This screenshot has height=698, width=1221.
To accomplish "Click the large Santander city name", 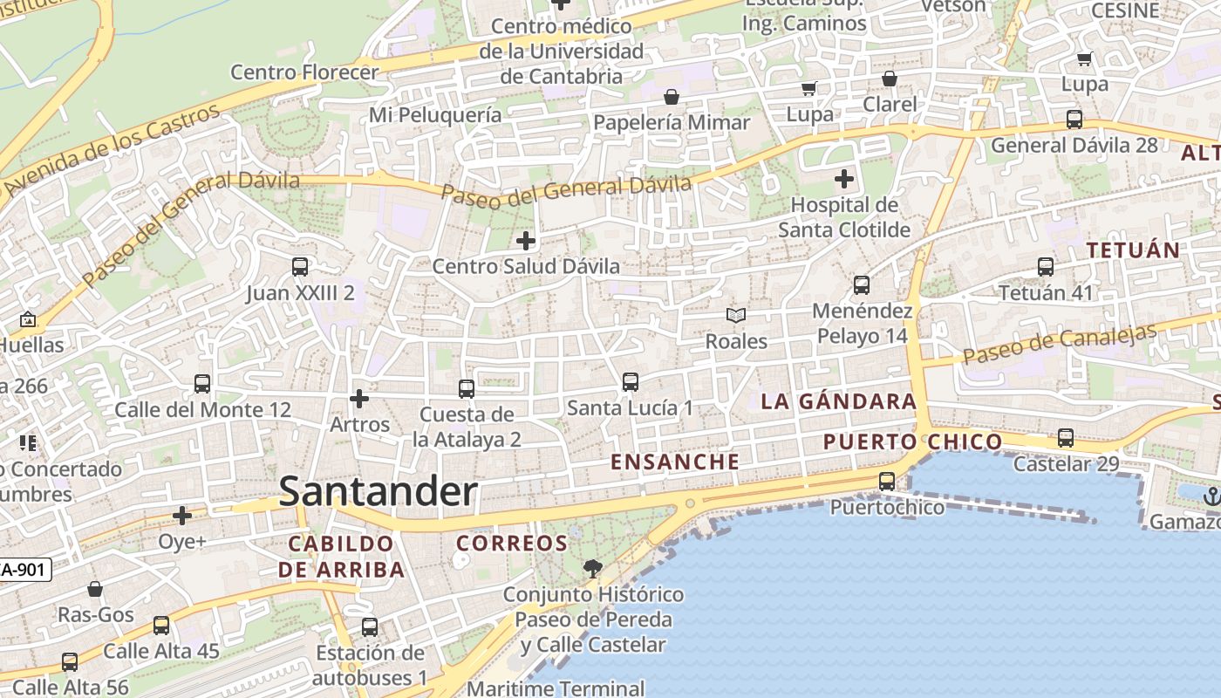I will coord(379,492).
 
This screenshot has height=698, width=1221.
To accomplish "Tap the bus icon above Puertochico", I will coord(887,481).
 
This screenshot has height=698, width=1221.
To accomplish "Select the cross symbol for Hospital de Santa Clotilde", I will coord(843,180).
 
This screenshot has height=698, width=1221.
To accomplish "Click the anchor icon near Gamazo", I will coord(1211,496).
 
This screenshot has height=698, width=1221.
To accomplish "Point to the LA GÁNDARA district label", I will coord(838,401).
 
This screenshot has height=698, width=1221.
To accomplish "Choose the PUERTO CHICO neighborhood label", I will coord(912,441).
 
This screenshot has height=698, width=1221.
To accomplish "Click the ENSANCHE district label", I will coord(675,462).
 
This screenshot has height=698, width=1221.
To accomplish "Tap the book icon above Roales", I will coord(736,315).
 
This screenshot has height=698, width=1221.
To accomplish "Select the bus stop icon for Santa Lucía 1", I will coord(630,382).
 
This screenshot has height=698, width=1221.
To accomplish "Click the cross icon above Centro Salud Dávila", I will coord(526,240).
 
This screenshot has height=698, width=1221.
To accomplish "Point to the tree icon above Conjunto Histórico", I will coord(593,569).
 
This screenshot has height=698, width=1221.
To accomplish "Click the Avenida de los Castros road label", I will coord(112,148).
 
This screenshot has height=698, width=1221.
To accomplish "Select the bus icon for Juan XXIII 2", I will coord(300,267).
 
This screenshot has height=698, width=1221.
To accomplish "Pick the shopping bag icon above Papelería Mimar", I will coord(672,97).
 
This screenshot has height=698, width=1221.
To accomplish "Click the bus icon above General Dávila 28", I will coord(1074,120).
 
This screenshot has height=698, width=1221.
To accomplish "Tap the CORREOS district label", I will coord(512,544).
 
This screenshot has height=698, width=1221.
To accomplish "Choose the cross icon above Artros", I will coord(359,399).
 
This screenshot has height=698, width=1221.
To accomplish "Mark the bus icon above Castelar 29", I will coord(1066,438).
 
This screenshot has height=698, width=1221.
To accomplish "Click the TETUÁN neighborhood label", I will coord(1132,250).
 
